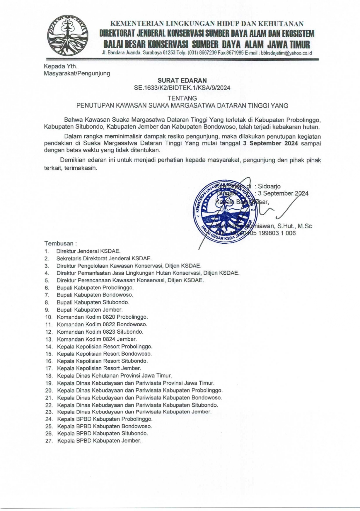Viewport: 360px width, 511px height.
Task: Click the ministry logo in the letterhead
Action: pos(68,35)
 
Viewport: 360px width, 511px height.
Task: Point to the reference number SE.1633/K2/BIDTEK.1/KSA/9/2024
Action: pos(182,88)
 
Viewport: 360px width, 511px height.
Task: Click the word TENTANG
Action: pos(182,98)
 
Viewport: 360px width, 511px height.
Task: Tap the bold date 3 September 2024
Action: pos(270,143)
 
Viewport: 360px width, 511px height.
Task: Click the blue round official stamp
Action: pos(225,210)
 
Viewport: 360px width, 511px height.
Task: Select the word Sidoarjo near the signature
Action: pos(269,186)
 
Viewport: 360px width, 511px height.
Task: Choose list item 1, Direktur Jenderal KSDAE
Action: pos(88,251)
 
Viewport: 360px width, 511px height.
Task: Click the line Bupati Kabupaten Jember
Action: pos(90,310)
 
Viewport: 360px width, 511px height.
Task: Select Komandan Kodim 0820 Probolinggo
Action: pos(102,317)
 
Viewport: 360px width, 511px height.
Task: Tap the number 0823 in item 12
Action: pos(109,332)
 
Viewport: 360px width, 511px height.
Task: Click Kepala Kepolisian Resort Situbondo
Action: pos(102,361)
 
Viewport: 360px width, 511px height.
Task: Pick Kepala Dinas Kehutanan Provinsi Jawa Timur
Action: pos(115,376)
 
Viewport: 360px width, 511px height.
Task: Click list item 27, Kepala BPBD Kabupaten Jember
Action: pos(99,441)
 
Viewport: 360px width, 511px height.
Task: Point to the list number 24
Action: pos(49,419)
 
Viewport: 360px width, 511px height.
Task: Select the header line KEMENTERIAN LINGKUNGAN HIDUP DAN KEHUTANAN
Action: pos(207,24)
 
